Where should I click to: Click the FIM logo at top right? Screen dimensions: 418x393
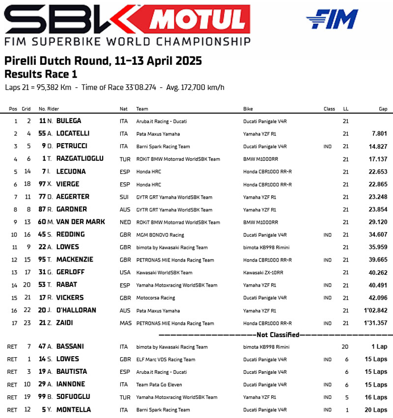[332, 19]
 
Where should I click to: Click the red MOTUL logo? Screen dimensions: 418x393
[197, 20]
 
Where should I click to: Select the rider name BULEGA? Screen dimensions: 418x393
[69, 121]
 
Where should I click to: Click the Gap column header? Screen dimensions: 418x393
[383, 109]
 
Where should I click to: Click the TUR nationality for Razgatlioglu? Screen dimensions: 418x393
[125, 159]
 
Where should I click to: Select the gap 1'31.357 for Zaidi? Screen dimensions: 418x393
[375, 323]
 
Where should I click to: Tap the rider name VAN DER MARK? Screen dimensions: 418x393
[81, 222]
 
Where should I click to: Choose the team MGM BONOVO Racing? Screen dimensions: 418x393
[160, 235]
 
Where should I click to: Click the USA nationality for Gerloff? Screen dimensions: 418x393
[125, 272]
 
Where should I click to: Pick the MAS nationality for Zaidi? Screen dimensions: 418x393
[125, 323]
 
